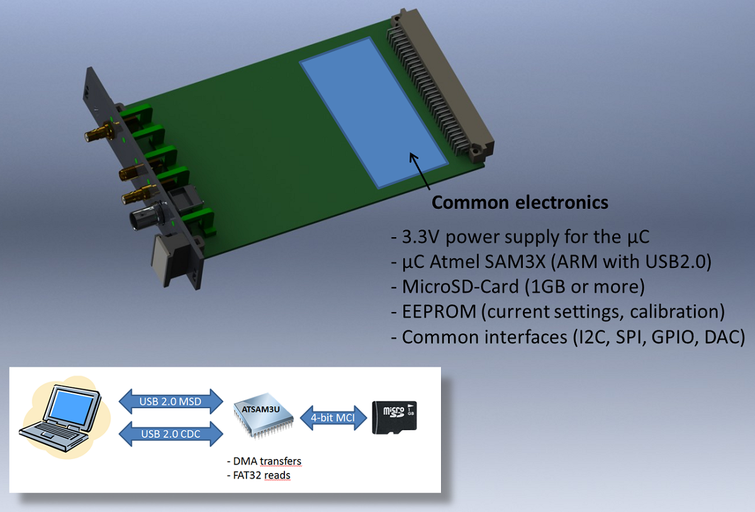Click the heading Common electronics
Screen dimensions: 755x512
click(x=520, y=203)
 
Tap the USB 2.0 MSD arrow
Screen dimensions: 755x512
click(x=171, y=401)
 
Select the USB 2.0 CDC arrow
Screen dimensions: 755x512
click(x=171, y=434)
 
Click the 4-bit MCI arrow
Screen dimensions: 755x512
click(x=333, y=418)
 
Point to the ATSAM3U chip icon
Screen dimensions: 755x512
click(x=263, y=415)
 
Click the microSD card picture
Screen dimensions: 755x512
click(x=394, y=417)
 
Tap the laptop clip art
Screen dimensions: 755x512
click(x=64, y=417)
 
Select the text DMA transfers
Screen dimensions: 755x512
click(x=264, y=461)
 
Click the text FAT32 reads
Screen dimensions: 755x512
click(x=259, y=476)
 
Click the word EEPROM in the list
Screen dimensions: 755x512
click(x=439, y=311)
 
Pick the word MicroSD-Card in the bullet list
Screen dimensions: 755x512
click(x=461, y=286)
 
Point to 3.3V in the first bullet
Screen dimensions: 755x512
click(x=420, y=237)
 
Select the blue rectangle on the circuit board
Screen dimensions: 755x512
click(x=374, y=113)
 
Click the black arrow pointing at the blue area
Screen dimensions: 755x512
click(x=420, y=171)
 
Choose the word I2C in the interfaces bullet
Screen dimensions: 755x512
click(x=593, y=337)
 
